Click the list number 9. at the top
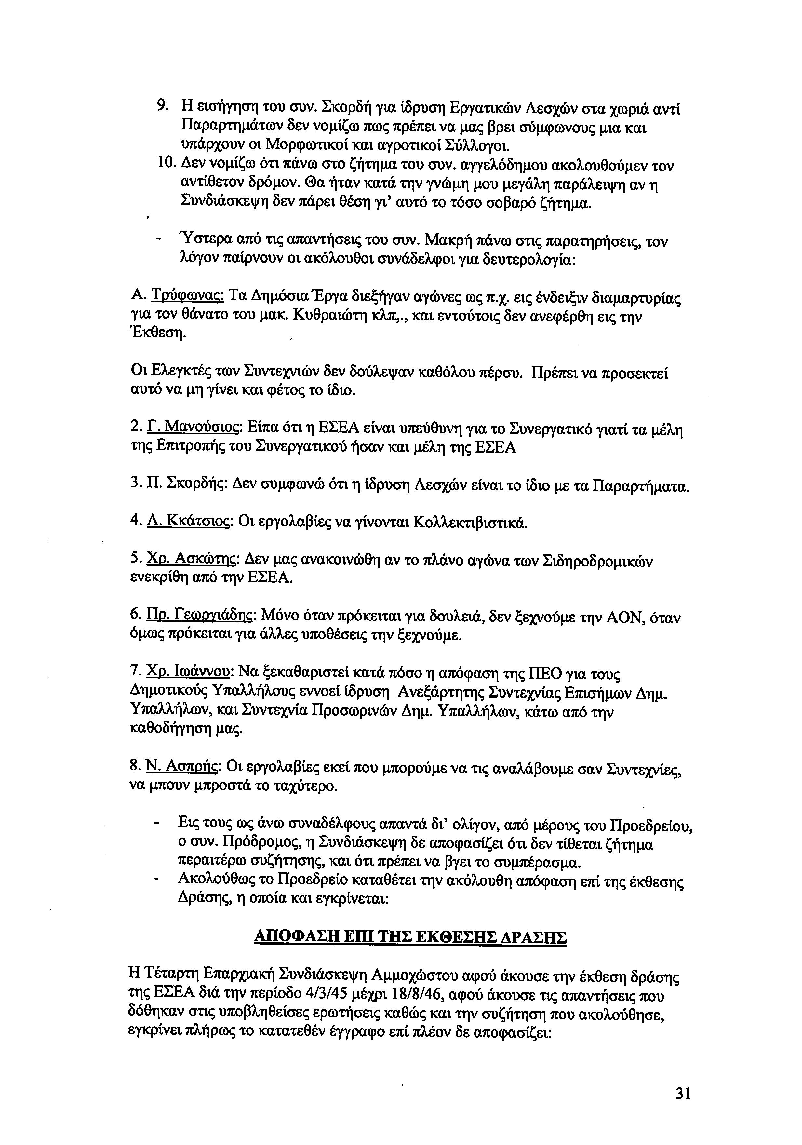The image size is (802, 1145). click(x=162, y=106)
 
